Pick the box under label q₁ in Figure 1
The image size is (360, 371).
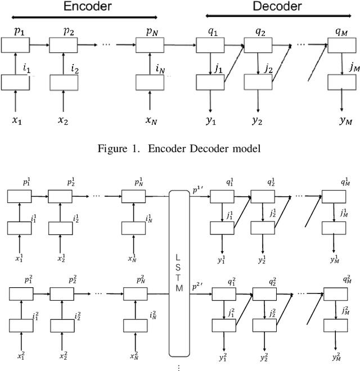210,44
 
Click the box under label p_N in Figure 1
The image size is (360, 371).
150,44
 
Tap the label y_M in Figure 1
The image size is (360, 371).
343,120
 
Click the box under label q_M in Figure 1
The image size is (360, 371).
341,44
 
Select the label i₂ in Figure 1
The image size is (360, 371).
75,68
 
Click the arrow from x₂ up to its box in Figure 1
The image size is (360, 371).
64,101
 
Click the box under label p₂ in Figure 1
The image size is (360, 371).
64,44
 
